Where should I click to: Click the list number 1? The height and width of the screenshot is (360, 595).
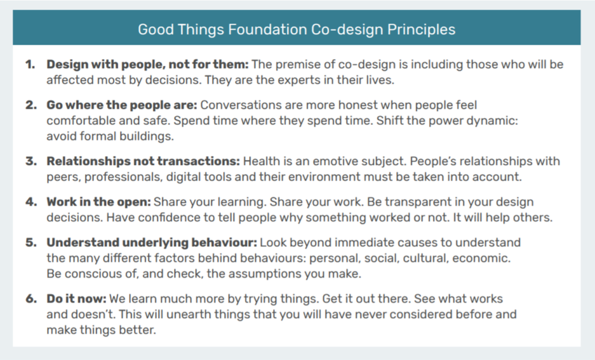[30, 65]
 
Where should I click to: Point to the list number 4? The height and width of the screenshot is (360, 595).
[30, 202]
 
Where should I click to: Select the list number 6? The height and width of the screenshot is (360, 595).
[30, 300]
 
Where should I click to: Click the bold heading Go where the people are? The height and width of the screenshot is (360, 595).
[122, 106]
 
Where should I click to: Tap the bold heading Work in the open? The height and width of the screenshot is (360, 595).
[99, 202]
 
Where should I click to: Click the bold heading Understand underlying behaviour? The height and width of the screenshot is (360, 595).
[152, 242]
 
